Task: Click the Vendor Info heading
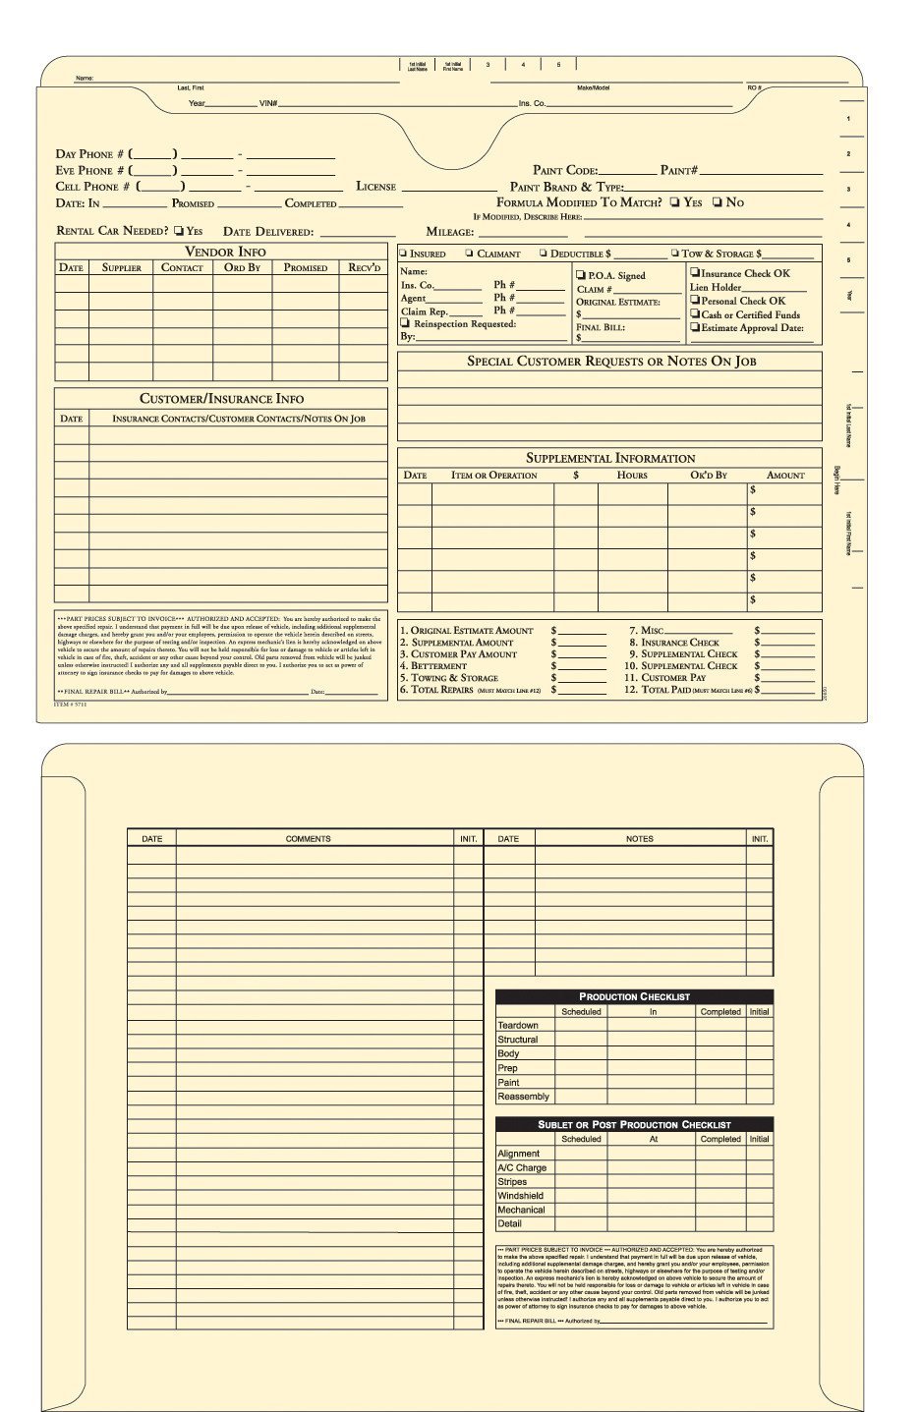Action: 224,252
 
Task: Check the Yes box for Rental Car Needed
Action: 179,231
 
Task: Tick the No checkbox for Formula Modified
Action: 718,202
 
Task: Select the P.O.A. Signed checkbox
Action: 581,275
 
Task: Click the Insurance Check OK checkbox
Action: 695,273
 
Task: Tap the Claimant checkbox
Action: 469,254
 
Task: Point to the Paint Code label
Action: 564,170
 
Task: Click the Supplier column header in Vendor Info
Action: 122,267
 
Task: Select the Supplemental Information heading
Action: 609,458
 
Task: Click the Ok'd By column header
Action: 708,476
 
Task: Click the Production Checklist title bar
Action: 634,996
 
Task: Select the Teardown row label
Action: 518,1026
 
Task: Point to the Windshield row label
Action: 520,1196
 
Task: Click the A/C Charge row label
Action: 522,1168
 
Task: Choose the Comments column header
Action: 308,839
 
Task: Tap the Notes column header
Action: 639,839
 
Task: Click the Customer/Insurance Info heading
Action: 221,399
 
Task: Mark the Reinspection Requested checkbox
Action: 404,323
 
